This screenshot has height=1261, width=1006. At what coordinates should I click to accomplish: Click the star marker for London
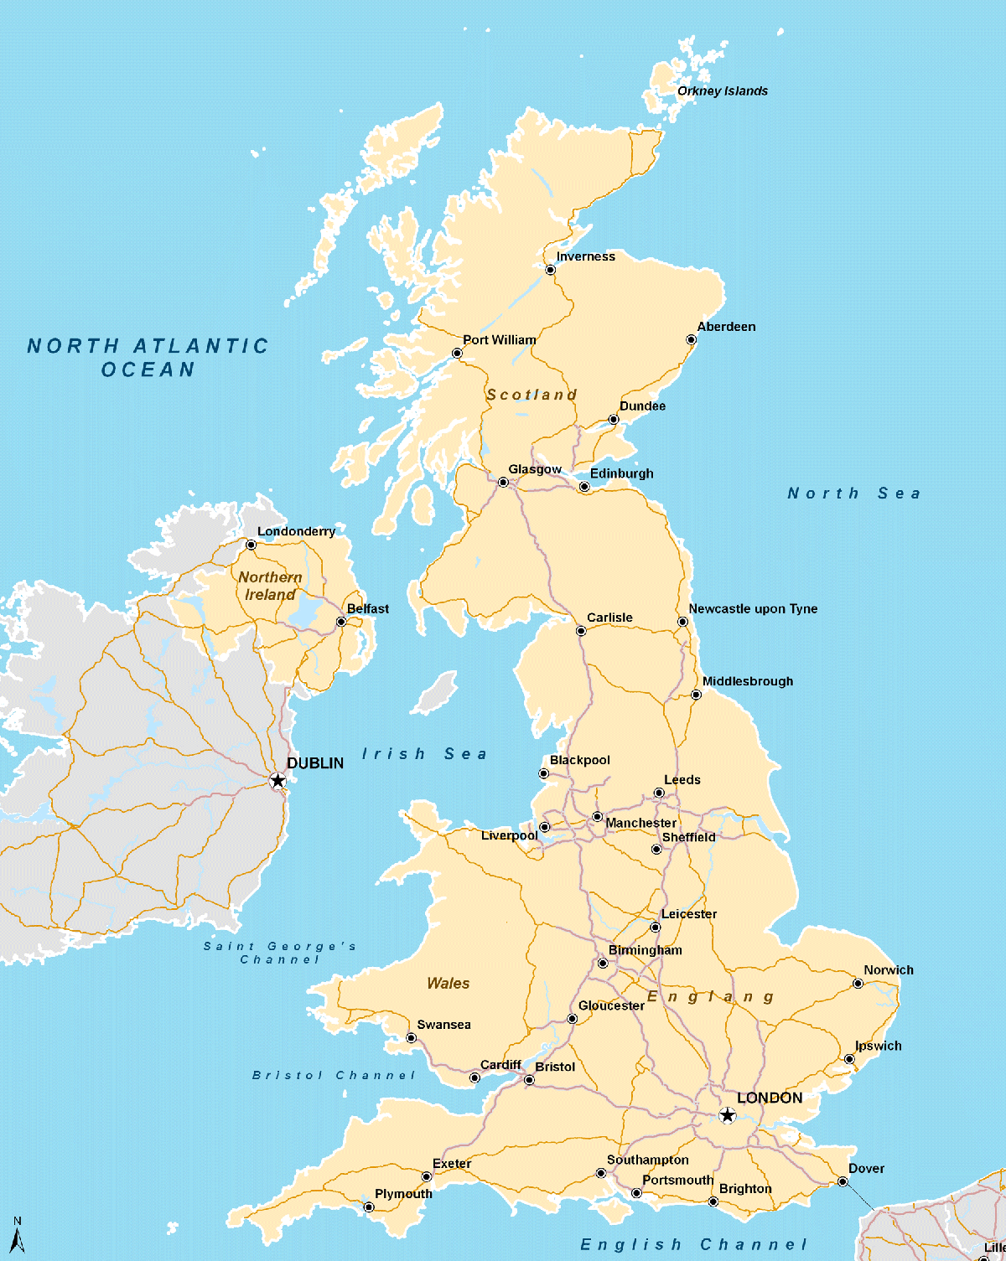[727, 1115]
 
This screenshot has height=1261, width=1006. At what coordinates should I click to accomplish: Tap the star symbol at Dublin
[277, 781]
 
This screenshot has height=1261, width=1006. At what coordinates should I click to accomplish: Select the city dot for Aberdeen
[691, 340]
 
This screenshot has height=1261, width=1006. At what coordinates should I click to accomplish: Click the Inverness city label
[585, 256]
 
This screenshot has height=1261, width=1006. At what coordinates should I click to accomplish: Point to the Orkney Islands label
[722, 91]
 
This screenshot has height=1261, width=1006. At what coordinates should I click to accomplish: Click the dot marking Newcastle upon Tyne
[682, 622]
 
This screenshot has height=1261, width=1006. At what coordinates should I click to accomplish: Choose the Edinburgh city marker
[584, 487]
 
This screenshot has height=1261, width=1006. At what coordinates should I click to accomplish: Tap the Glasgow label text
[535, 469]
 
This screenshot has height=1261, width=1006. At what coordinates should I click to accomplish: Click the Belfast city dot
[341, 622]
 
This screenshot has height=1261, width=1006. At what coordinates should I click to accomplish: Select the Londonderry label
[296, 531]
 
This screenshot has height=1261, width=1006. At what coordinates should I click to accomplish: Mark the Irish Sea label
[424, 754]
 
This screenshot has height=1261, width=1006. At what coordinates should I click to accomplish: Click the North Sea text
[854, 494]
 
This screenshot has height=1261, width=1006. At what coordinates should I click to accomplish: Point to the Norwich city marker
[858, 984]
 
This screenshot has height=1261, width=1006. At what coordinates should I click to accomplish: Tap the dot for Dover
[843, 1182]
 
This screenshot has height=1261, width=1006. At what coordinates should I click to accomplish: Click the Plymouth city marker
[369, 1207]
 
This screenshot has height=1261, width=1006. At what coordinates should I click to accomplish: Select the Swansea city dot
[411, 1038]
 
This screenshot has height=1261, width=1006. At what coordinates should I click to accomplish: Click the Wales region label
[448, 984]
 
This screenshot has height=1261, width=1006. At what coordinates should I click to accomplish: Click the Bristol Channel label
[334, 1075]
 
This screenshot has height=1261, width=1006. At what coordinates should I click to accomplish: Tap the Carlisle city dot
[581, 631]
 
